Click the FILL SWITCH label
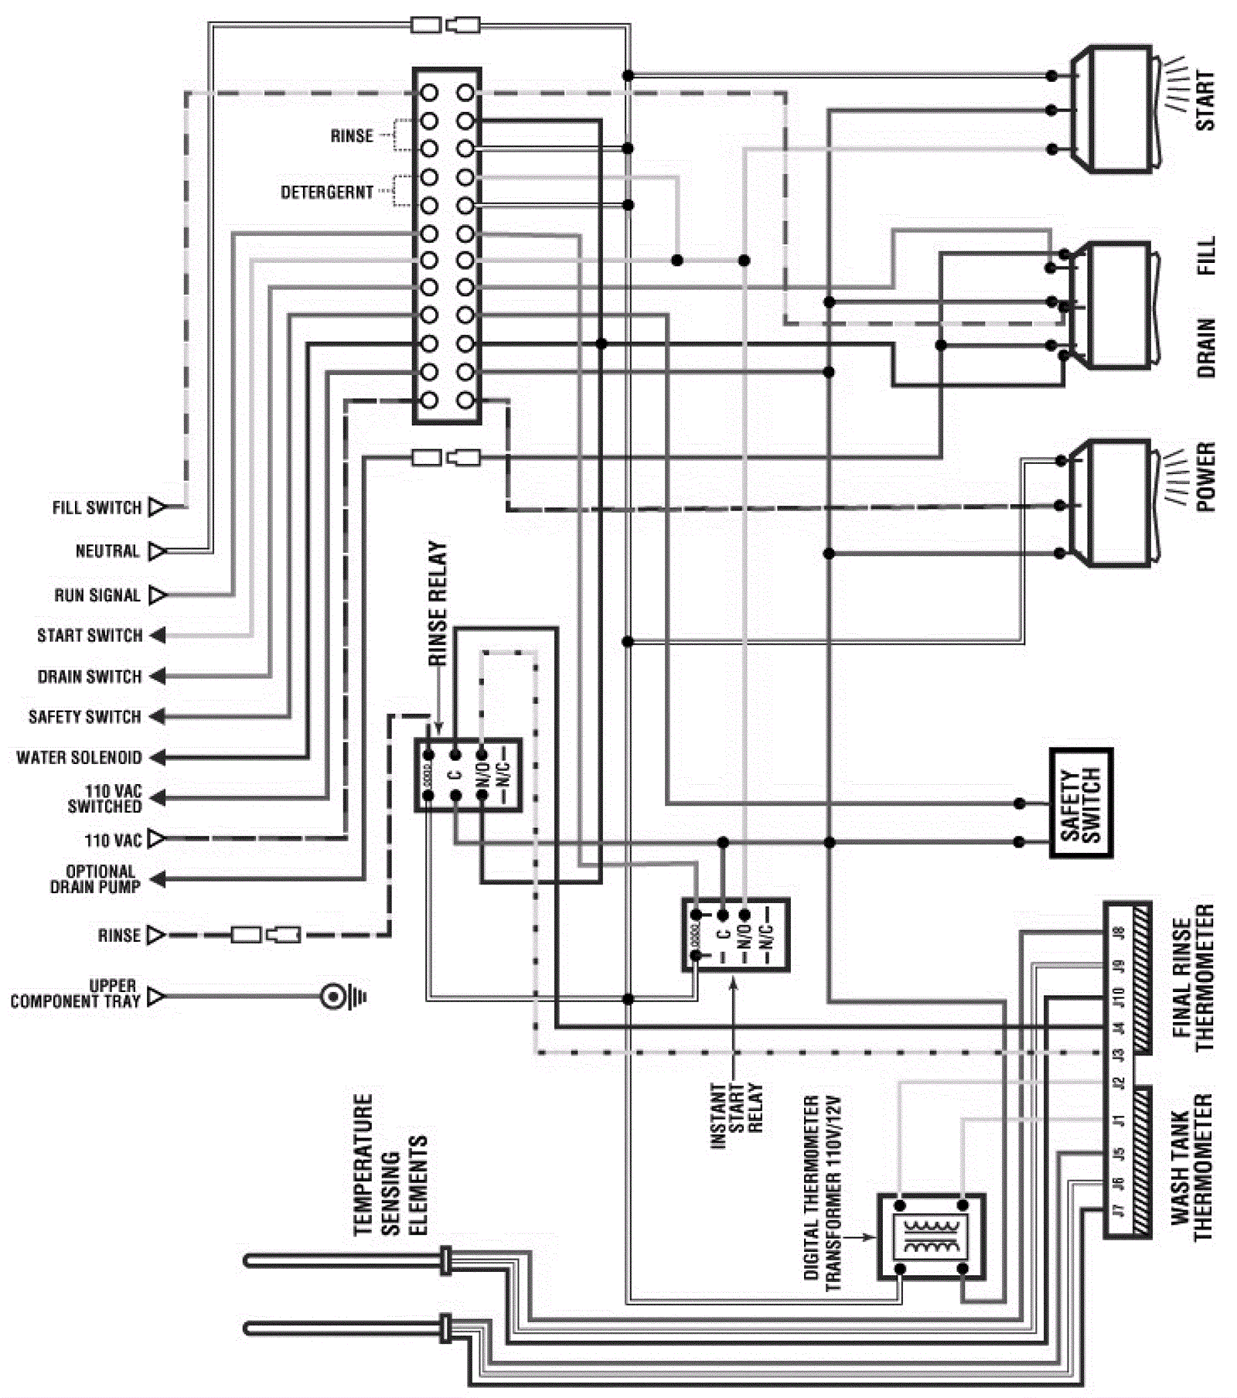click(97, 508)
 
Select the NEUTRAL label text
click(107, 551)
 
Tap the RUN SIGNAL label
click(97, 595)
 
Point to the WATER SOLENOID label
click(80, 758)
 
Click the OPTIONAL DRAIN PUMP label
click(96, 879)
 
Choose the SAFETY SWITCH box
click(1081, 803)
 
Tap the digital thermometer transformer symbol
click(932, 1236)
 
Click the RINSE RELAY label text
click(438, 603)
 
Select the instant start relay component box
click(735, 935)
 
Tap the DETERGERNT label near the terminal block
click(326, 192)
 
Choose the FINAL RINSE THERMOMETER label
click(1193, 978)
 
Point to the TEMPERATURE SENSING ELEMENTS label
click(390, 1164)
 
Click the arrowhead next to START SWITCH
click(158, 636)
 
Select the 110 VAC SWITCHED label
click(105, 799)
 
